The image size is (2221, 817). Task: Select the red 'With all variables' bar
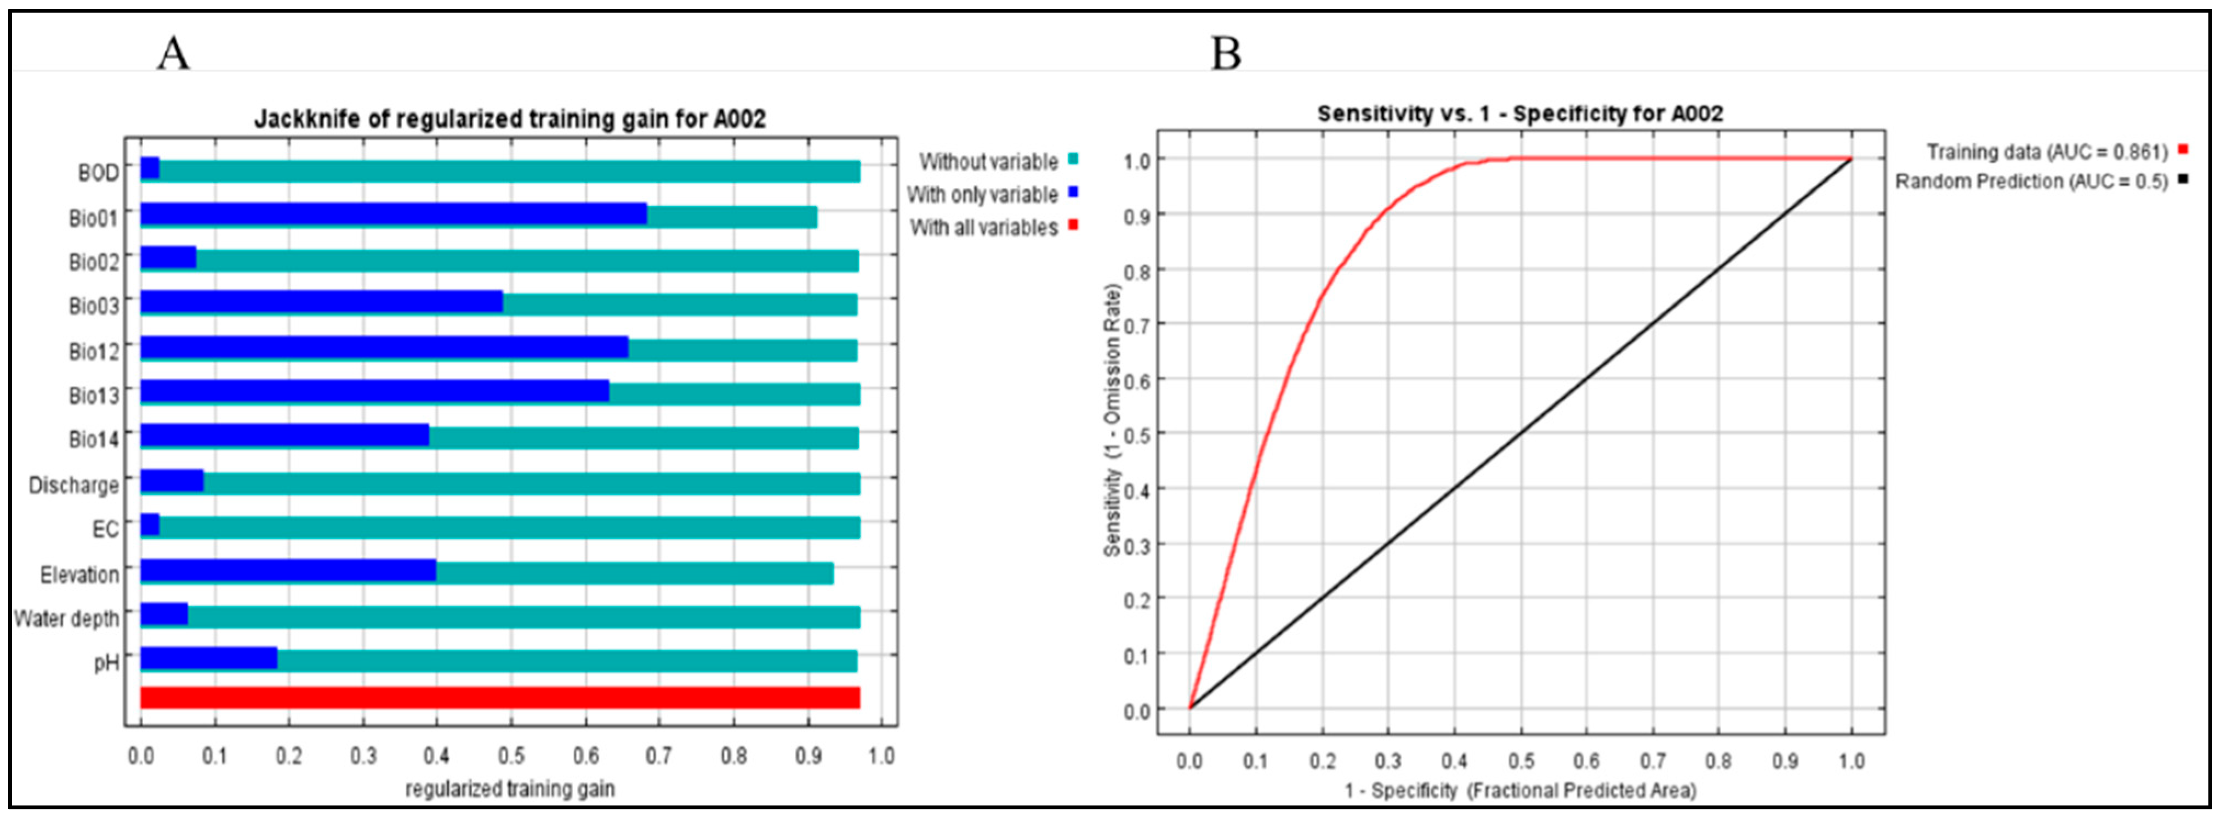(500, 698)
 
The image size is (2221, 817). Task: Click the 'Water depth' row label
(66, 618)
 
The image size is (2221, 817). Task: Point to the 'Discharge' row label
(74, 485)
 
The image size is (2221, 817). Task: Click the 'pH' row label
(107, 663)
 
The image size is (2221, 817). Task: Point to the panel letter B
(1226, 53)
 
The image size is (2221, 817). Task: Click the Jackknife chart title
(510, 118)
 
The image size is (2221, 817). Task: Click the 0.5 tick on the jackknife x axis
(511, 757)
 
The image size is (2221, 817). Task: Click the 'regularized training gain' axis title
(510, 788)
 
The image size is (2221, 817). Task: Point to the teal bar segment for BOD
(510, 171)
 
